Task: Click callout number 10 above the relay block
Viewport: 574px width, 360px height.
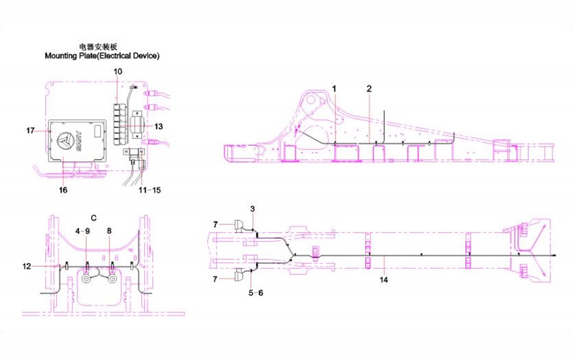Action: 119,71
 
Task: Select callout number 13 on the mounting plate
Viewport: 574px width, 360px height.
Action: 158,126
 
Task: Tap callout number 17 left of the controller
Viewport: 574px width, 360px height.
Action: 30,130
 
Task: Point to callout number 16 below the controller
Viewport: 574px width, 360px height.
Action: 63,190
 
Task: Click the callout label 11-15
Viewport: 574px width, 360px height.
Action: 150,190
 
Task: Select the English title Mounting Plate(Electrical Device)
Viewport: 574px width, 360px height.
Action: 102,56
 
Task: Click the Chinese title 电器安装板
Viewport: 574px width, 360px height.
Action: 102,47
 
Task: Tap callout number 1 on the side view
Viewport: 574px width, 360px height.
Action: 334,88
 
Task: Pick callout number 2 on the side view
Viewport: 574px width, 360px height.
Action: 369,88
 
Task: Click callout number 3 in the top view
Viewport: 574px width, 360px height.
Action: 252,209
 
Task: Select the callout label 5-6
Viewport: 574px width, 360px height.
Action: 256,293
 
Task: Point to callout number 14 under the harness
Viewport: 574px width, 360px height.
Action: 384,280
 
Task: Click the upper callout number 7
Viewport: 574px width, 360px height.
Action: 216,224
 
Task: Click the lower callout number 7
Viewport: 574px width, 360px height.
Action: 216,280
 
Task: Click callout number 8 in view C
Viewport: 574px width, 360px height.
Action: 109,231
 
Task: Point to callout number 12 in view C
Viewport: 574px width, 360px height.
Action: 27,266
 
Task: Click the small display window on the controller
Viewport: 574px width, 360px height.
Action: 97,131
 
